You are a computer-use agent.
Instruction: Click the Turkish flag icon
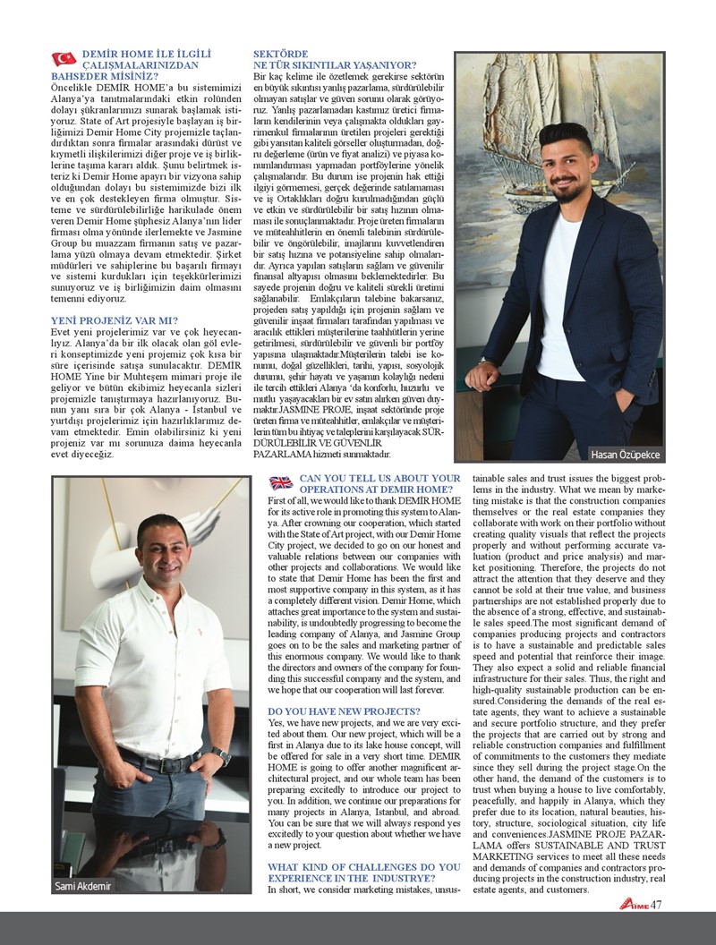pyautogui.click(x=64, y=59)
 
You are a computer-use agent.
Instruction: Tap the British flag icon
pyautogui.click(x=281, y=483)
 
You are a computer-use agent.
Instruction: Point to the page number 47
pyautogui.click(x=657, y=905)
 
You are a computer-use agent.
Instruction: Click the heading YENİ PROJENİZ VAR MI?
pyautogui.click(x=113, y=319)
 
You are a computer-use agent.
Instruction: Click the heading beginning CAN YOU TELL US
pyautogui.click(x=380, y=484)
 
